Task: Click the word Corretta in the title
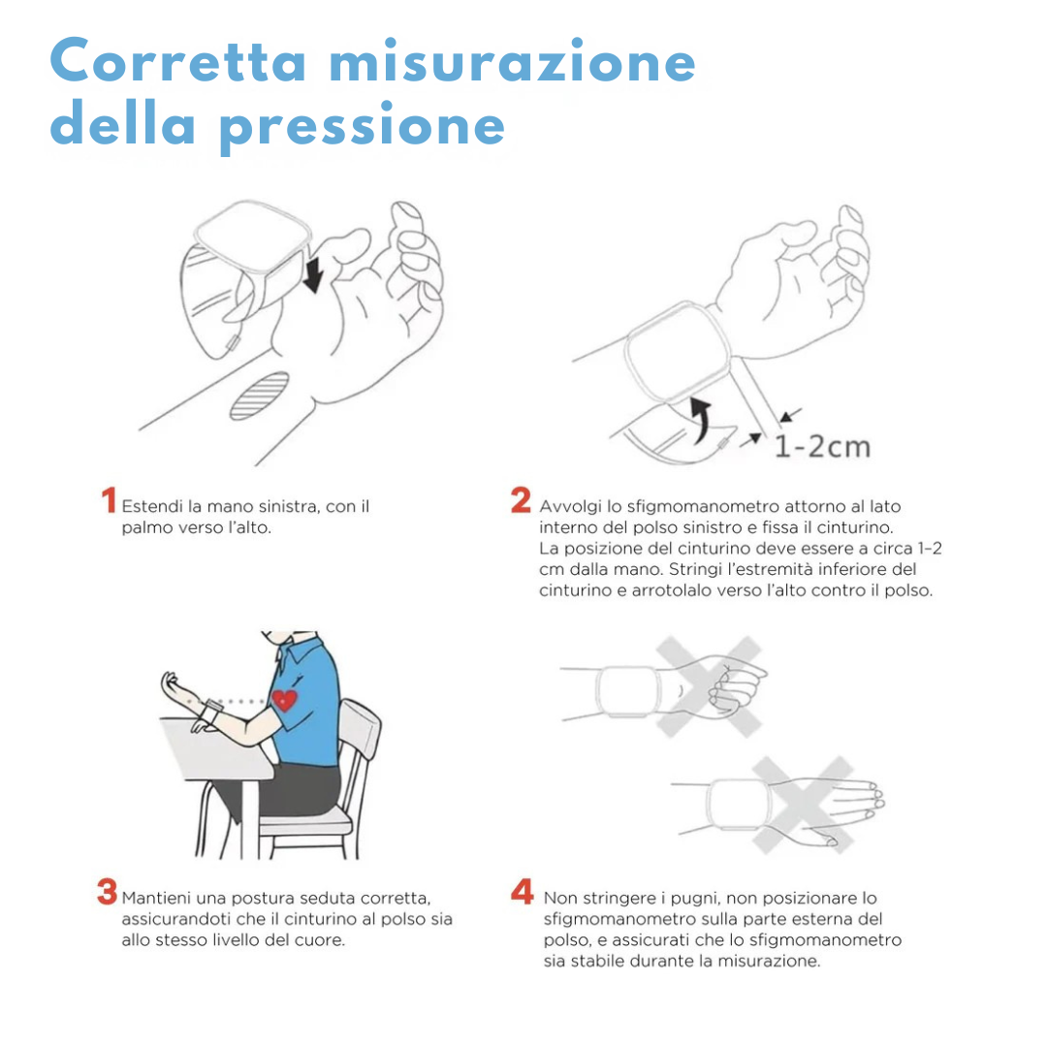coord(177,60)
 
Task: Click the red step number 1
coord(109,500)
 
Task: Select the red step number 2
coord(521,500)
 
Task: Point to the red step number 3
coord(107,892)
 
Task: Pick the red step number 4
coord(523,892)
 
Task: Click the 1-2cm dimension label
coord(823,447)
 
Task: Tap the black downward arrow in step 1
coord(312,274)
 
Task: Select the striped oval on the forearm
coord(260,396)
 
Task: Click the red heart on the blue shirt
coord(284,701)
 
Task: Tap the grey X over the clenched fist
coord(709,687)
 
